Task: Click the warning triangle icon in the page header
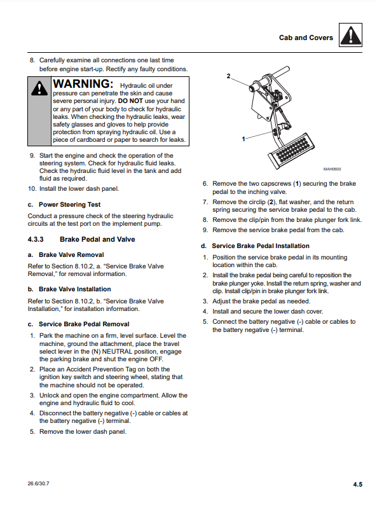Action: (350, 35)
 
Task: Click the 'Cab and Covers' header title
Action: (306, 38)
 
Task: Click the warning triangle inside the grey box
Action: (39, 88)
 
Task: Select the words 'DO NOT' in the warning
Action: (130, 101)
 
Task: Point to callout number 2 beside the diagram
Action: (228, 76)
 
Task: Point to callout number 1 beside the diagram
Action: (243, 139)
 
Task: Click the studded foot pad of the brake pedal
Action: (291, 151)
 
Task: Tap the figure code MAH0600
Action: (332, 169)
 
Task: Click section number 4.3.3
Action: (36, 239)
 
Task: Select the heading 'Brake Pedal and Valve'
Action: (97, 239)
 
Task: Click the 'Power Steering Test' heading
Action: (69, 205)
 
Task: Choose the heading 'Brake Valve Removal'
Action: (71, 254)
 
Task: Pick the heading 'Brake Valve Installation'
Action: (74, 289)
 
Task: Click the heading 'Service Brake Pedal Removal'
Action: (84, 324)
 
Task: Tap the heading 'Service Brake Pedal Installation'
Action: (261, 246)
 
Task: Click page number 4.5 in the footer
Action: (357, 485)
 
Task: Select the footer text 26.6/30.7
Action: (38, 483)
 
